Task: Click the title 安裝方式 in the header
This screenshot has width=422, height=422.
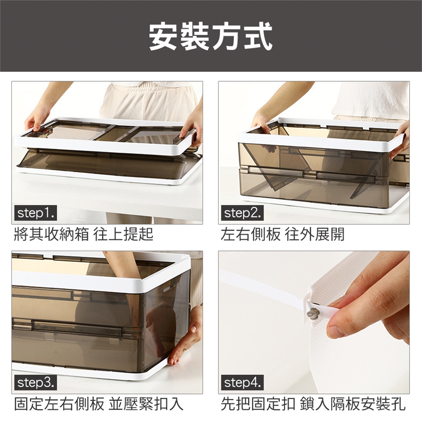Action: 211,36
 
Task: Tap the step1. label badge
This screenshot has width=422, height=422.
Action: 35,213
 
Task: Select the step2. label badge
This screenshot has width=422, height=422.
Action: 242,213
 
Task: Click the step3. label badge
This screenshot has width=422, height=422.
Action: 35,383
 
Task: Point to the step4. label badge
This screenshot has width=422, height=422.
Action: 242,383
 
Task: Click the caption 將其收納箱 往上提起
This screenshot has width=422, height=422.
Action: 84,234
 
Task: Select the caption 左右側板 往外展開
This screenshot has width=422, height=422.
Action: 283,234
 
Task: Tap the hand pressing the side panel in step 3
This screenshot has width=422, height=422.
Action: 186,336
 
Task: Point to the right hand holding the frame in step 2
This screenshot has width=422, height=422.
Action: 400,140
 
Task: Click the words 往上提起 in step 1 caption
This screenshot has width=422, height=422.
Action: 123,234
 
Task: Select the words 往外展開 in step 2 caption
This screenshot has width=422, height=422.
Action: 315,234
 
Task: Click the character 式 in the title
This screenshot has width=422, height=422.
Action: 258,36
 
